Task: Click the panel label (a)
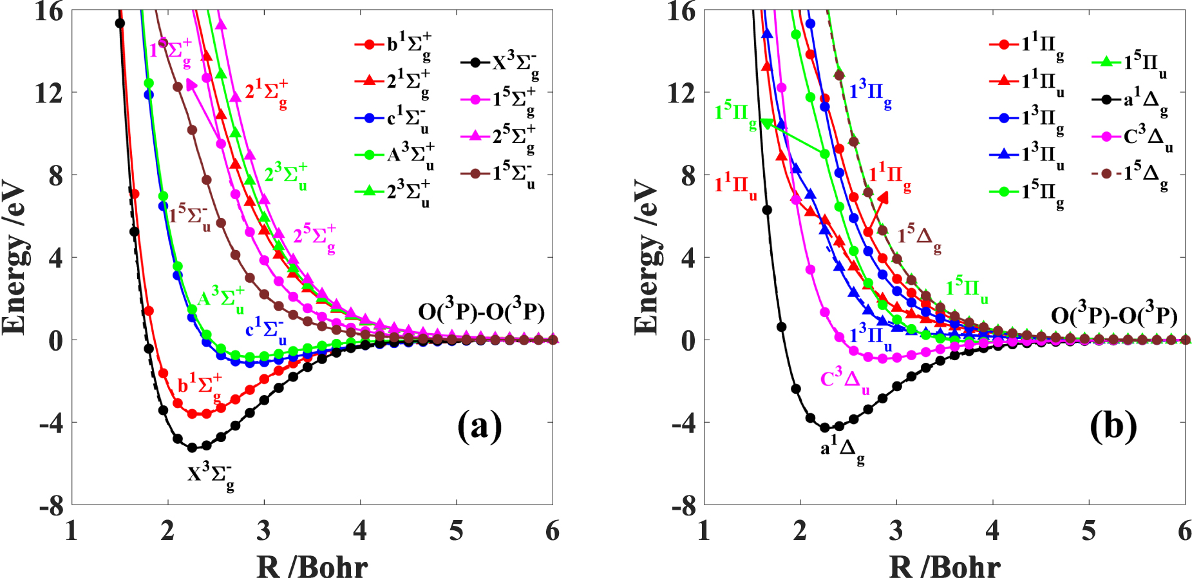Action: (479, 426)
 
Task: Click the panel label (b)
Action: (1113, 426)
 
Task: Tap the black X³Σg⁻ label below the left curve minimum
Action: (210, 476)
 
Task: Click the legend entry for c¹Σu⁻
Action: (392, 119)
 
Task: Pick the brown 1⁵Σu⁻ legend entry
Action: (498, 174)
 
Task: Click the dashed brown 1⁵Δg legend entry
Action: (1130, 174)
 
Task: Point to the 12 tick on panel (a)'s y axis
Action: (50, 92)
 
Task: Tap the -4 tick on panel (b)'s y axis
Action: (683, 423)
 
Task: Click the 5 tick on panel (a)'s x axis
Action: (456, 531)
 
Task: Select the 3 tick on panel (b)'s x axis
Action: (896, 531)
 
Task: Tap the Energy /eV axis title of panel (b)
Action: (646, 258)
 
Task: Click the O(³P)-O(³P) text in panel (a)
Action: (481, 312)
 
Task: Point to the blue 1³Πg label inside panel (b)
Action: (870, 92)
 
